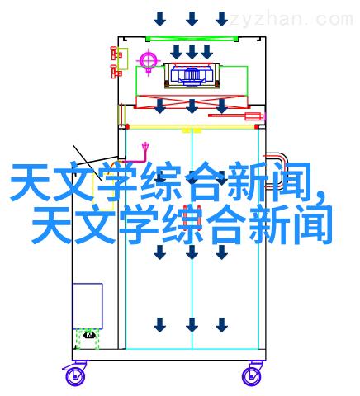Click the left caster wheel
[75, 376]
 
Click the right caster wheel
[251, 376]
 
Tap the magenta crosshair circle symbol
[149, 60]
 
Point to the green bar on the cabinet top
[192, 39]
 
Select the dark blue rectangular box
[88, 306]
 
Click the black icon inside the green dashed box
[89, 335]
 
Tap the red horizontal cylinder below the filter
[235, 115]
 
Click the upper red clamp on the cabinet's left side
[115, 54]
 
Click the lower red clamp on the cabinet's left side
[116, 72]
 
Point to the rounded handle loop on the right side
[277, 172]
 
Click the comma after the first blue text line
[320, 195]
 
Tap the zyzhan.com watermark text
[291, 20]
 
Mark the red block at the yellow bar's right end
[257, 127]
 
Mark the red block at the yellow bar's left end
[127, 127]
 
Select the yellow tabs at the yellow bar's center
[192, 130]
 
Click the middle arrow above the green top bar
[192, 19]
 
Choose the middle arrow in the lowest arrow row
[192, 325]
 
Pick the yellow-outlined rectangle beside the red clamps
[123, 59]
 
